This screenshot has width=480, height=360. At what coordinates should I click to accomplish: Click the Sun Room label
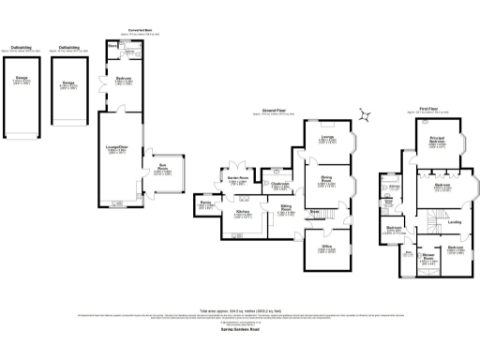(161, 170)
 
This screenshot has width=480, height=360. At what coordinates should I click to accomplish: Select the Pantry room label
(205, 202)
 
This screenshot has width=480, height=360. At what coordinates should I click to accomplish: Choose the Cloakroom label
(278, 185)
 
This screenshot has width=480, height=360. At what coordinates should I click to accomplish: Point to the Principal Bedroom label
(437, 143)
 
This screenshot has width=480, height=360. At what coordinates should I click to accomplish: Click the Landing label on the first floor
(454, 222)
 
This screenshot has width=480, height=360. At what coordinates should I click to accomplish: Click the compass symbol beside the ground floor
(367, 116)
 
